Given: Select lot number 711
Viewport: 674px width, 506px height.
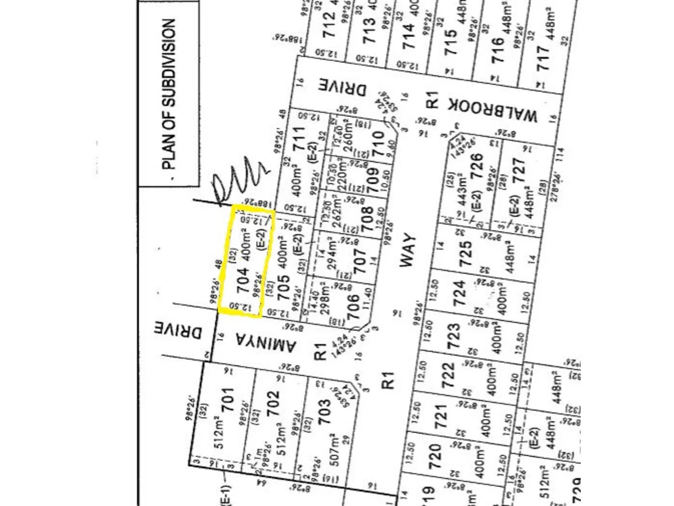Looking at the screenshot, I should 299,138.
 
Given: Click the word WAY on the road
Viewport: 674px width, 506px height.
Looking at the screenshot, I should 411,252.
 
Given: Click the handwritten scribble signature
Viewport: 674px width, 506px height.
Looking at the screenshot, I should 240,180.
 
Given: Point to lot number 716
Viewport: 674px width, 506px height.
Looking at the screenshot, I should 498,49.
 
